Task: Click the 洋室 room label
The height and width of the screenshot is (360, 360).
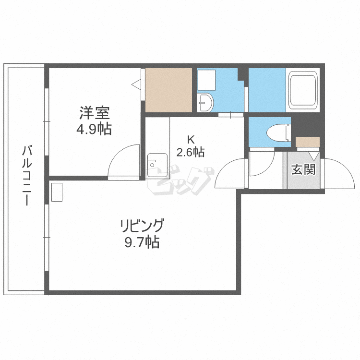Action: (95, 114)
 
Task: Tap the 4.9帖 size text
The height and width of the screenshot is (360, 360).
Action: (95, 130)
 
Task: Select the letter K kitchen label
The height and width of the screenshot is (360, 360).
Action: (191, 140)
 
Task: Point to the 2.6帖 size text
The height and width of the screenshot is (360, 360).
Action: (191, 153)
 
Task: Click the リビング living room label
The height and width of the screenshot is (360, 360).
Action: (142, 225)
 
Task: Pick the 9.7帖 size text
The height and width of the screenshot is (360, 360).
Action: (142, 242)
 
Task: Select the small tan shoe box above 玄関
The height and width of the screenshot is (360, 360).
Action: (307, 142)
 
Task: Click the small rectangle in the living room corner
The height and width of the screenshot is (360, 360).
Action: (57, 192)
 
